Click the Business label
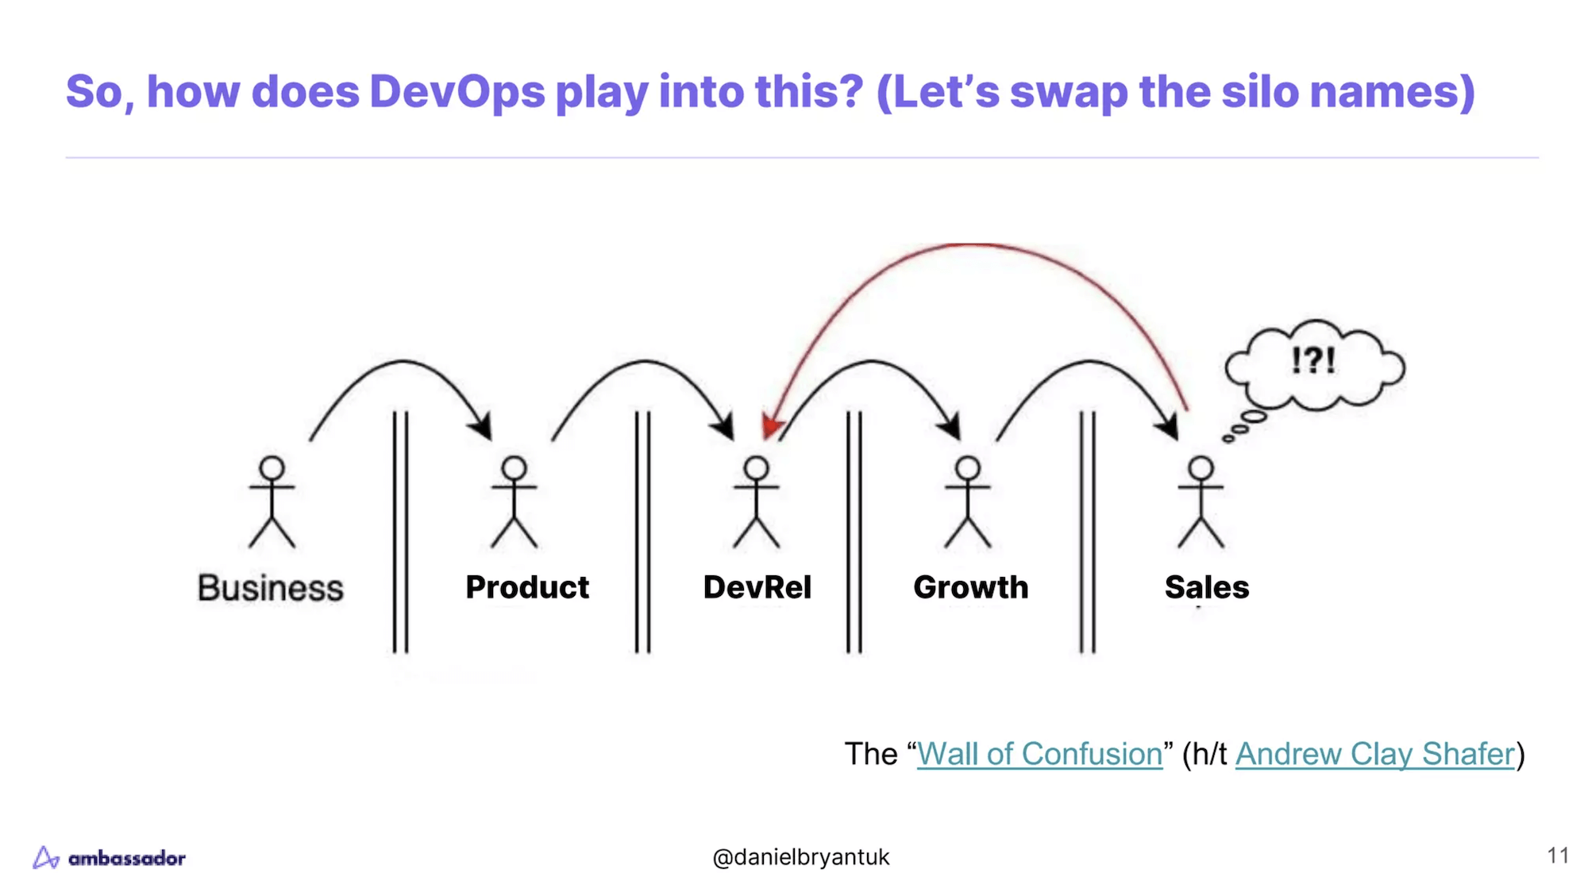(270, 588)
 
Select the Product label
(527, 587)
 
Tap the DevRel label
(757, 587)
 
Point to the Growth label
(970, 587)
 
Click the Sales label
(1206, 587)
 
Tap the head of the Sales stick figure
(1201, 468)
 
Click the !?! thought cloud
(1314, 363)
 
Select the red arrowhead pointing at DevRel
(770, 427)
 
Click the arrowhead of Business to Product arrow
(482, 427)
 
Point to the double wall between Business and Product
(400, 532)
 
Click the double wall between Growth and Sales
(1087, 532)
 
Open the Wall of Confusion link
(1039, 754)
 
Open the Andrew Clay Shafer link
(1374, 754)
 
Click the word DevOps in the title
(457, 91)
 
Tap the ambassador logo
(110, 858)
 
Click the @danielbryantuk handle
(800, 857)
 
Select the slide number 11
(1557, 855)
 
